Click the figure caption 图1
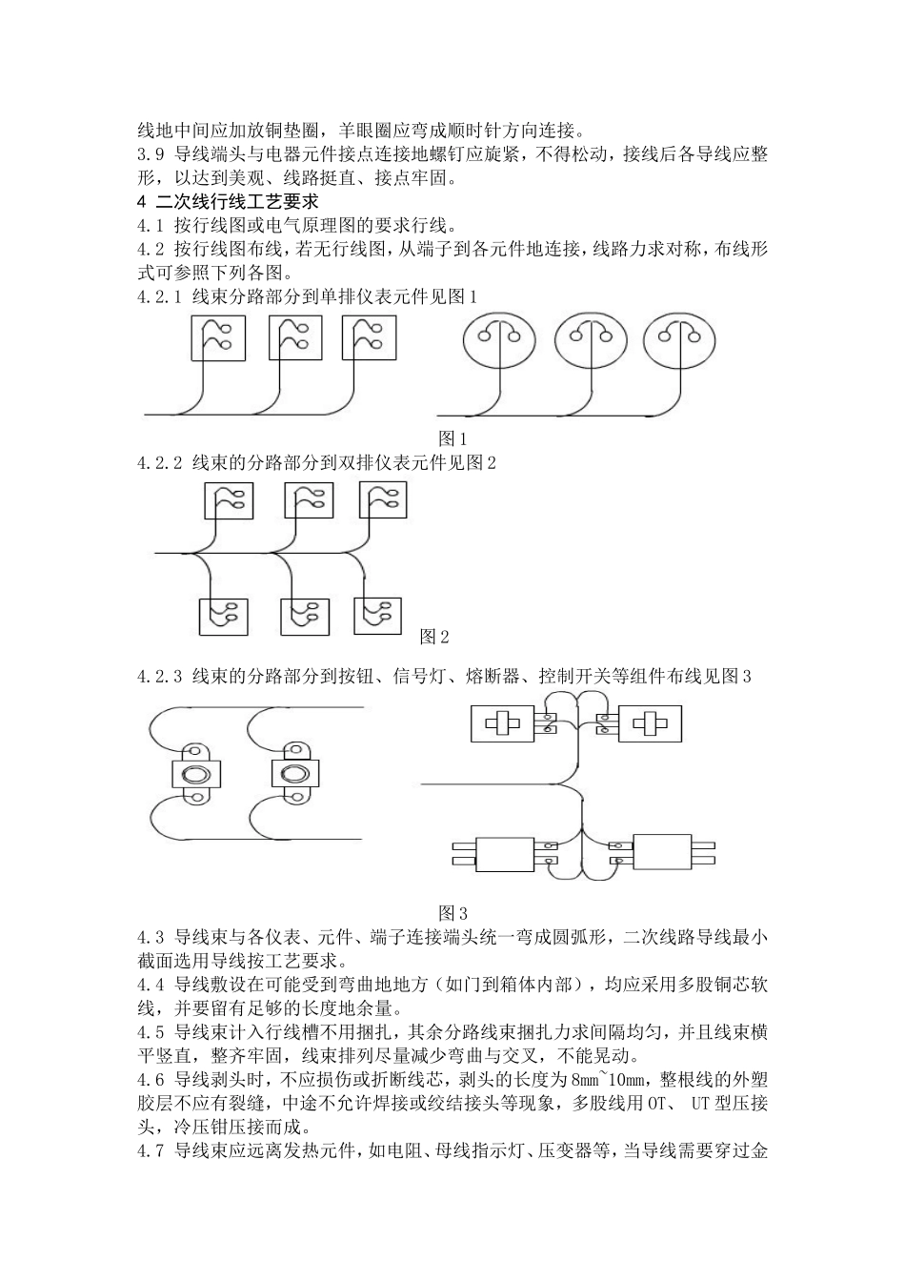point(452,439)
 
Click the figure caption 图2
point(434,636)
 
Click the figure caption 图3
point(452,912)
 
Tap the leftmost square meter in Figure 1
point(218,337)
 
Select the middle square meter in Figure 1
point(293,337)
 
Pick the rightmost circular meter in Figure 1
point(680,341)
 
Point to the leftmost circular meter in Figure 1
point(500,341)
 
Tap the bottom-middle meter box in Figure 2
point(305,618)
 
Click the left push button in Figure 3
point(196,773)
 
